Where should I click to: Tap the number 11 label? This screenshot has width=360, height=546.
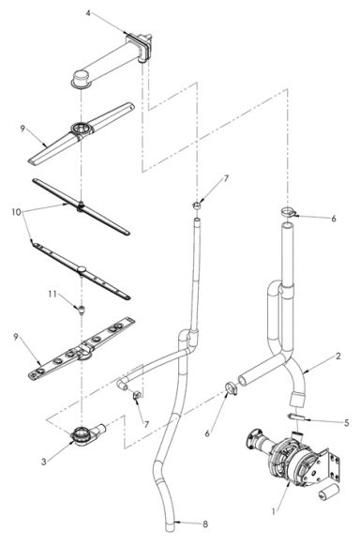click(x=54, y=296)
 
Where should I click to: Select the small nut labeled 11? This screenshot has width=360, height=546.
click(x=81, y=307)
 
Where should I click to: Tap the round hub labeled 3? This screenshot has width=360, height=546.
click(x=83, y=435)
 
